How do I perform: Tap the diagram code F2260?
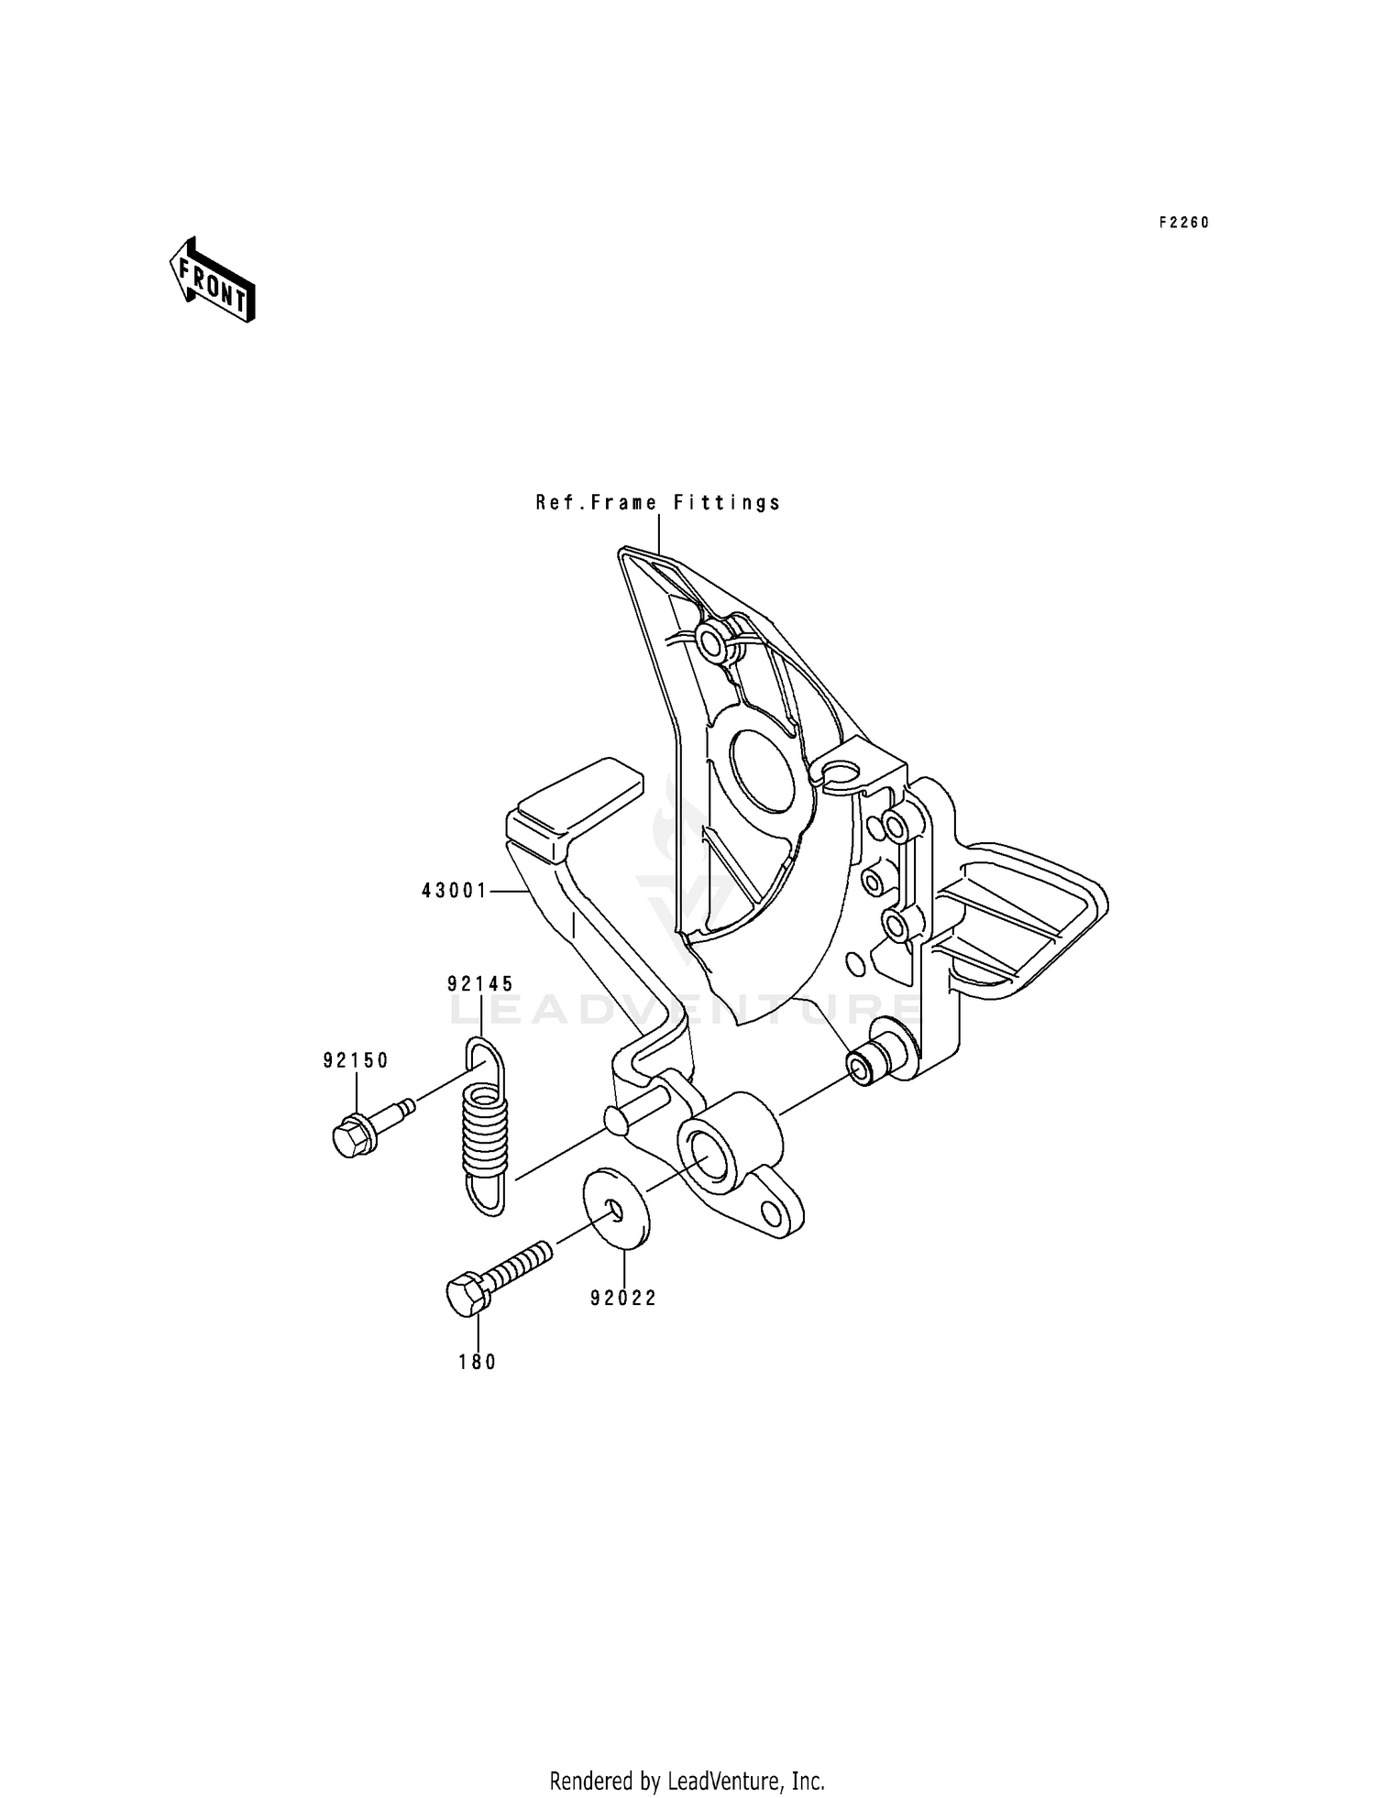[x=1183, y=223]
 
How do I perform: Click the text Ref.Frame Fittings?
[x=658, y=502]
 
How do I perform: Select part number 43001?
[x=455, y=890]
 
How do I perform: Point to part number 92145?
[x=480, y=984]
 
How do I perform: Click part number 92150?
[x=356, y=1060]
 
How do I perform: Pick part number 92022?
[x=623, y=1298]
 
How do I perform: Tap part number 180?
[x=478, y=1363]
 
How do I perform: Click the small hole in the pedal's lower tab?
[x=772, y=1214]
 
